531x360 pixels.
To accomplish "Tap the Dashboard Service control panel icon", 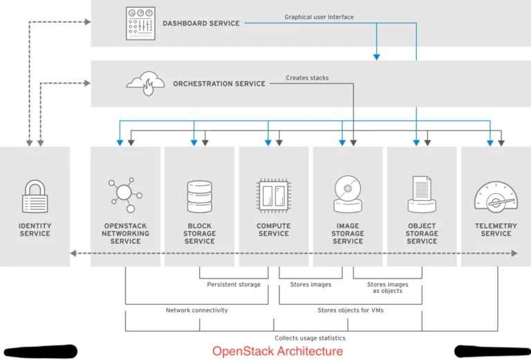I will tap(140, 23).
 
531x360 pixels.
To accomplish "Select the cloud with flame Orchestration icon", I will tap(145, 83).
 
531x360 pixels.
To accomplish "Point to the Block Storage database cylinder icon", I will tap(199, 196).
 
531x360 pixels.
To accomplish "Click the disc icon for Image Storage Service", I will tap(347, 194).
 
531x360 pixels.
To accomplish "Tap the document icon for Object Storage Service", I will tap(421, 194).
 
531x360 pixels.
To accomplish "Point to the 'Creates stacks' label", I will tap(307, 78).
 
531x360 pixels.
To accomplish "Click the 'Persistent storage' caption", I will tap(234, 285).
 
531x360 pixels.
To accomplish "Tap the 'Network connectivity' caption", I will tap(196, 310).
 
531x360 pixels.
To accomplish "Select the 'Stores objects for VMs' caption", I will tap(351, 310).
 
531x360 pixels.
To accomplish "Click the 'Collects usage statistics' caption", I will tap(310, 338).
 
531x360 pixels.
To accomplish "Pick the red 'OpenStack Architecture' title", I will tap(277, 351).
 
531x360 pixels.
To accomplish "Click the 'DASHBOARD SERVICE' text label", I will tap(201, 23).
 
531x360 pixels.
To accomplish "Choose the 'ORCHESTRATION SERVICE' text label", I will tap(218, 84).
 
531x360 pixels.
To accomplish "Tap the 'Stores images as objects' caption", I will tap(387, 287).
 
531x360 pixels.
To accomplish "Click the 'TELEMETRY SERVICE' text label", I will tap(496, 229).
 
